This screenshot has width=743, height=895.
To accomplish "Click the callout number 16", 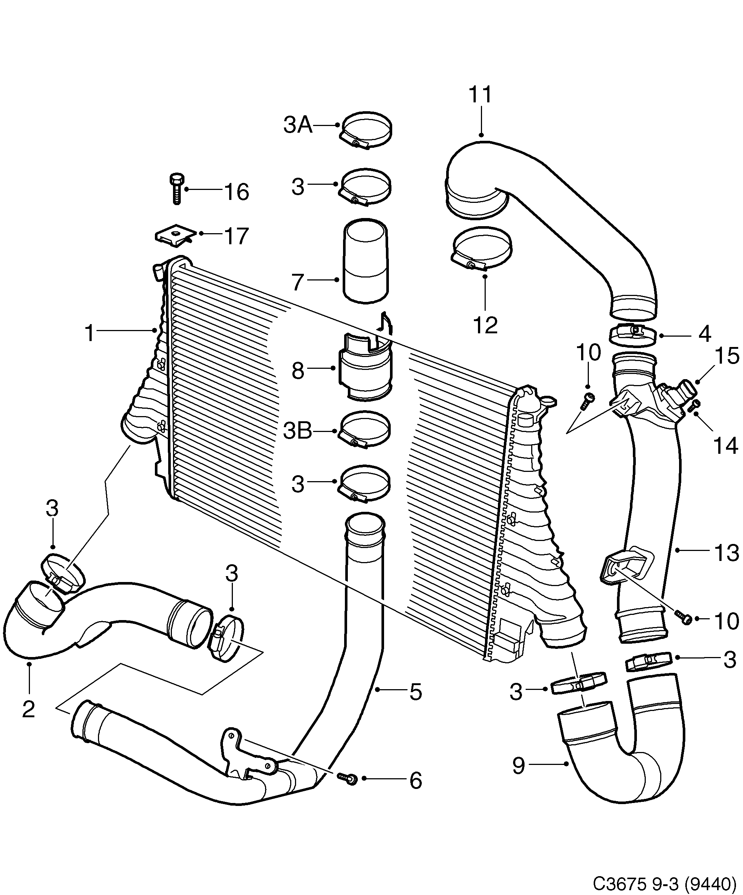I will pyautogui.click(x=237, y=192).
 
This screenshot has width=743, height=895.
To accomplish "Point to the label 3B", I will pyautogui.click(x=298, y=431).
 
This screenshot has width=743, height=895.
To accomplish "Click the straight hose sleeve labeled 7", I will pyautogui.click(x=366, y=261).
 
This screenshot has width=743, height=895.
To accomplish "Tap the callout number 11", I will pyautogui.click(x=481, y=95).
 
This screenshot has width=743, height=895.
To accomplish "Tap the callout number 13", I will pyautogui.click(x=726, y=553).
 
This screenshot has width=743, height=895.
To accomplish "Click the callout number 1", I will pyautogui.click(x=89, y=333).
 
